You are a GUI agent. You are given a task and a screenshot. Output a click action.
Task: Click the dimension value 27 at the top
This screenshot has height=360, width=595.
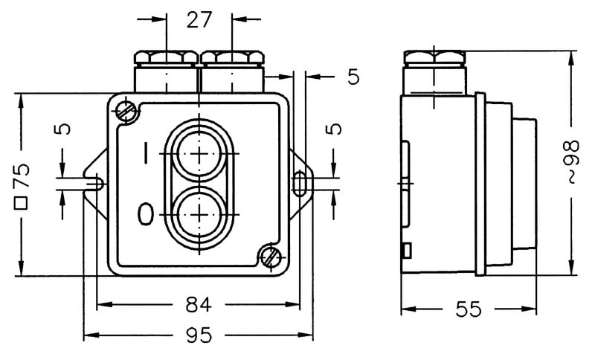199,20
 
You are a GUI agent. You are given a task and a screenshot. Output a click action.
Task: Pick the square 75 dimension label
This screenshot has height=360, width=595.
22,183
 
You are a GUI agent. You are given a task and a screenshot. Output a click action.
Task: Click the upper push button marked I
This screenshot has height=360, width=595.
200,155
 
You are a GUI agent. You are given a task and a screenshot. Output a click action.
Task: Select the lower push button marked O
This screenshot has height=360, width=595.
200,214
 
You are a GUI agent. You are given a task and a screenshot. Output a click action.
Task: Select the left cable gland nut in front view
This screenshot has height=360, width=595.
166,57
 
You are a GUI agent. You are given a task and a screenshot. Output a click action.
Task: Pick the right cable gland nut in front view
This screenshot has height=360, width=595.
231,57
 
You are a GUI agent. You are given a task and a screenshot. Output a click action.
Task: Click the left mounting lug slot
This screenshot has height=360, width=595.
100,180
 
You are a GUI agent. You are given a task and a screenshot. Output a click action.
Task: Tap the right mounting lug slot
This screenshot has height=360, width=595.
299,180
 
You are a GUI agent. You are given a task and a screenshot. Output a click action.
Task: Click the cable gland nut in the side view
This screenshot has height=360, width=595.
435,58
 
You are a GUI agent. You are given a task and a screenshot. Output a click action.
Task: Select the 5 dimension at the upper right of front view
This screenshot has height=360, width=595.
352,75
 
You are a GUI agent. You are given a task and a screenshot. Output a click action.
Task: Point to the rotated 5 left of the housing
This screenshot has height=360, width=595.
65,129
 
